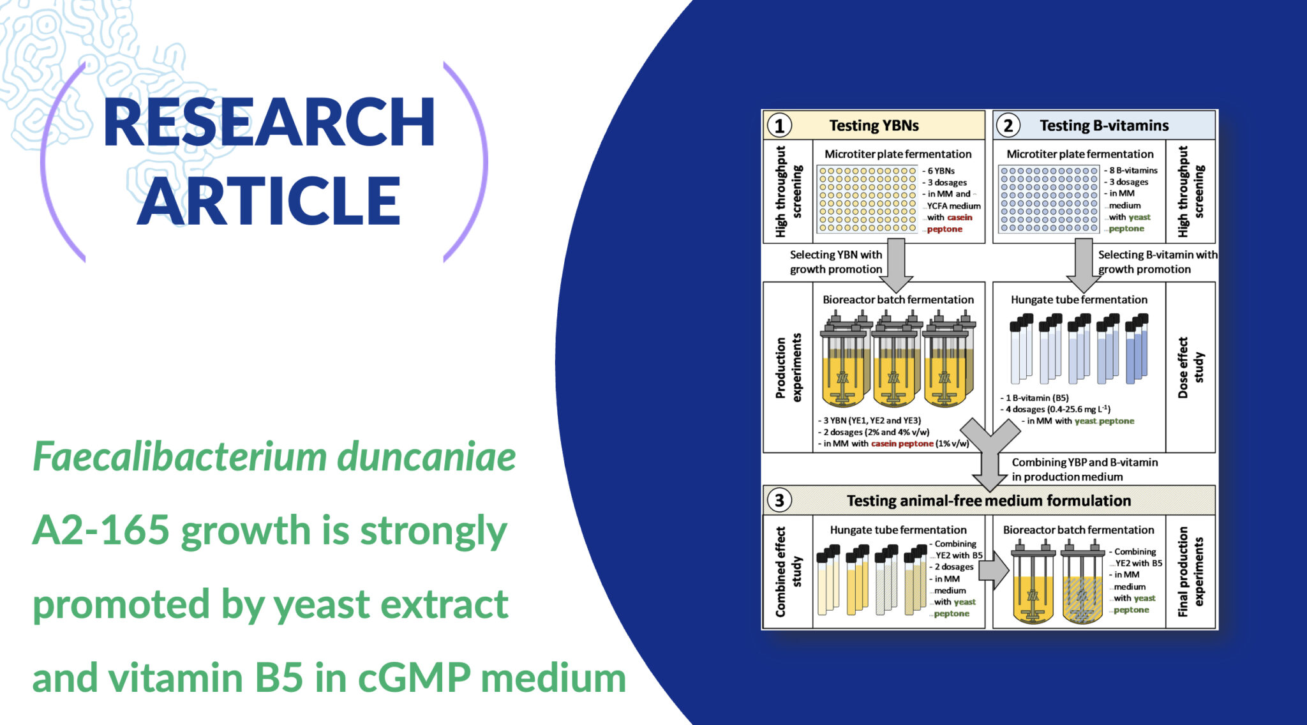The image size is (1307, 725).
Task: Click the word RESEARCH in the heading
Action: (269, 123)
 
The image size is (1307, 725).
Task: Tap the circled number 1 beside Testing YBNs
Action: (779, 126)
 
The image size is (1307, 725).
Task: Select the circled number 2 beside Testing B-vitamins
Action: (1008, 126)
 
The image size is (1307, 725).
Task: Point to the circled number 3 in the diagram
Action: (779, 500)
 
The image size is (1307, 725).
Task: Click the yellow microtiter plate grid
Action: (867, 199)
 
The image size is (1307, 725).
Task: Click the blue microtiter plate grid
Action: (1049, 199)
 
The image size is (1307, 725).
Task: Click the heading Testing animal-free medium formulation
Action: (989, 501)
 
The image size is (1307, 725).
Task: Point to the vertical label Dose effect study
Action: (1190, 368)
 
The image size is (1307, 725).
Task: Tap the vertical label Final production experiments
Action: (1190, 572)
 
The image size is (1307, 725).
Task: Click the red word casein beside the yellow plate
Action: (960, 218)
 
